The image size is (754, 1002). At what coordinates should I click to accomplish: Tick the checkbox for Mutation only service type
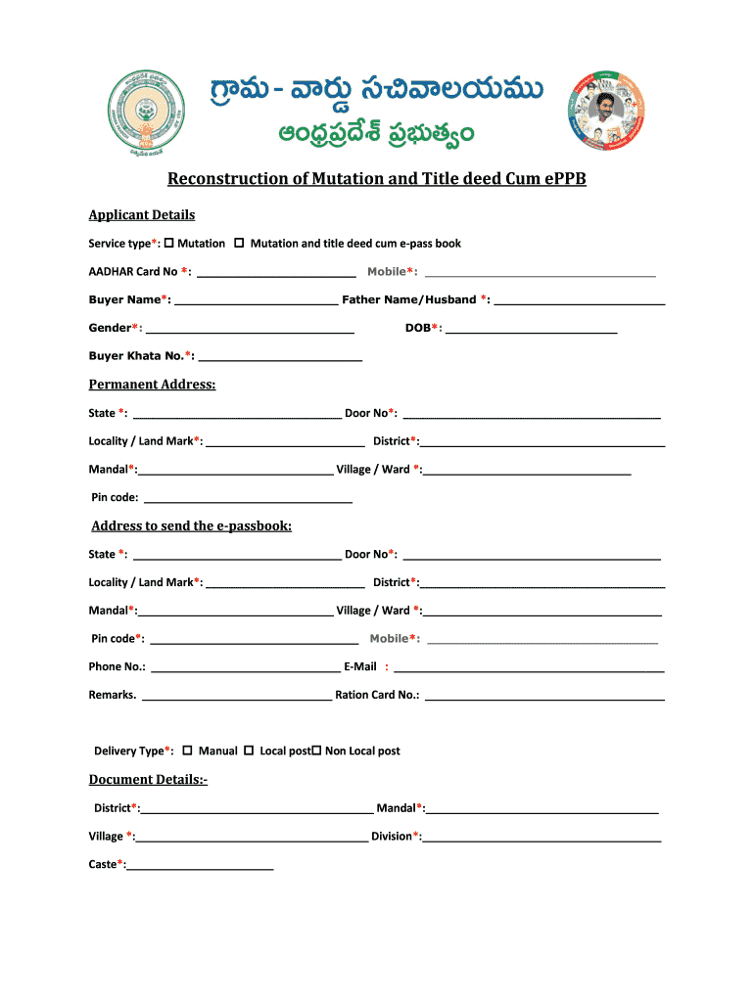point(169,243)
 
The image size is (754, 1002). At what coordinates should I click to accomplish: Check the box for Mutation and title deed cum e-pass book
point(239,243)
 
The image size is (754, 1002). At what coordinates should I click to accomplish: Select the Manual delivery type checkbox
point(187,750)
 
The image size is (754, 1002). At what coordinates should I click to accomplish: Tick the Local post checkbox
point(249,750)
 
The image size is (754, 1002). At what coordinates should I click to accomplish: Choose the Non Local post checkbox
point(316,750)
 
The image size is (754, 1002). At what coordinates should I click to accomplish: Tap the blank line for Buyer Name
point(257,301)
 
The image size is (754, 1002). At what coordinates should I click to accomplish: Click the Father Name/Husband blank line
point(580,301)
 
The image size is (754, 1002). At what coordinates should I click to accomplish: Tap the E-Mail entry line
point(529,668)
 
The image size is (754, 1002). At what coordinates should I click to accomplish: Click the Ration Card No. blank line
point(544,697)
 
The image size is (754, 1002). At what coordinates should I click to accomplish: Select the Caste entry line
point(201,866)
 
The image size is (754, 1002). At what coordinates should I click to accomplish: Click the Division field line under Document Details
point(542,838)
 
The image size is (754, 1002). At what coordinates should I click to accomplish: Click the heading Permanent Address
point(152,385)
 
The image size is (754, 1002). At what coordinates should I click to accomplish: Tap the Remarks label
point(112,695)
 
